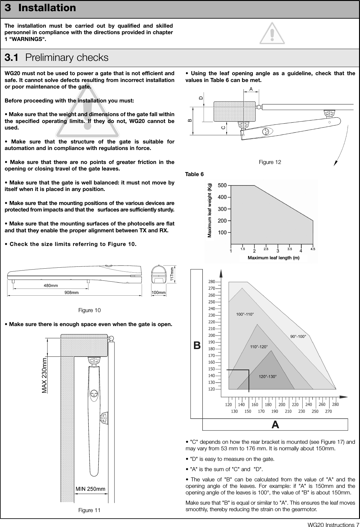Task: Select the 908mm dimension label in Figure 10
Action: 71,293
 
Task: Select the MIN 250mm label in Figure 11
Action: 91,489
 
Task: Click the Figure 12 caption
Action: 270,162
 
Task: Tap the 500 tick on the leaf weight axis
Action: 222,185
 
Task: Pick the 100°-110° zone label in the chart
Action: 245,314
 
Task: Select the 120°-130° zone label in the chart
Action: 268,376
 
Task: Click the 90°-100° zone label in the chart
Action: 298,336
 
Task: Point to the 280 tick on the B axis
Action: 212,282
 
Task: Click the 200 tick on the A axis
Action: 282,405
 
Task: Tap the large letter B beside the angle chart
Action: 197,345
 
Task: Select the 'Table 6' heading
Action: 195,175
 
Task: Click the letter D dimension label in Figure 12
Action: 201,98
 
